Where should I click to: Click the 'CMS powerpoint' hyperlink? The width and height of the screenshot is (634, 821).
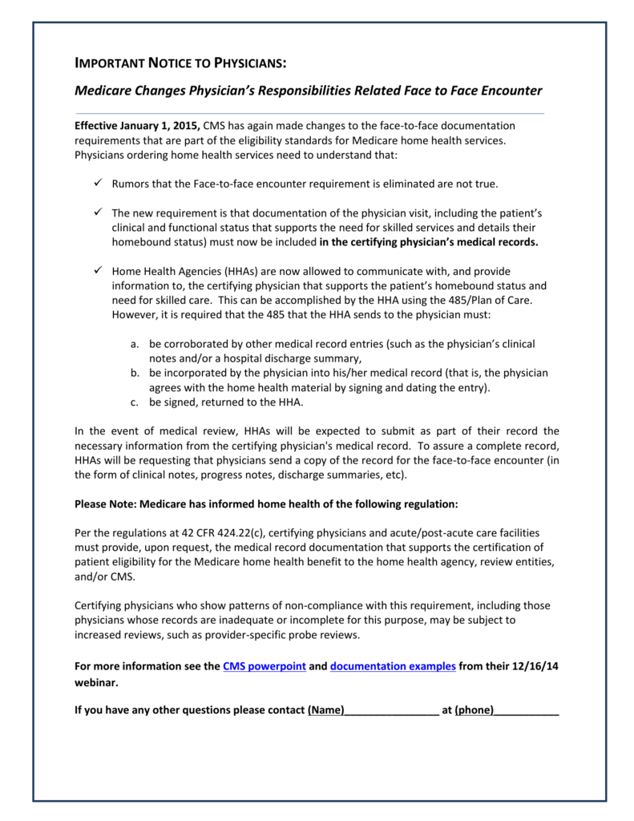[x=265, y=666]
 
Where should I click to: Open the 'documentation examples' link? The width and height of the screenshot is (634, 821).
[x=393, y=666]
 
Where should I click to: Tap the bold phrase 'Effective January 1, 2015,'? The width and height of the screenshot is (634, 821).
[x=137, y=126]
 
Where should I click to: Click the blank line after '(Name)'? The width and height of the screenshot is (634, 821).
[x=392, y=710]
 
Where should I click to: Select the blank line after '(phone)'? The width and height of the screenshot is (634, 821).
[x=527, y=710]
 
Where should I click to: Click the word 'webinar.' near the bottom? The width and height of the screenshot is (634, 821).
[x=96, y=683]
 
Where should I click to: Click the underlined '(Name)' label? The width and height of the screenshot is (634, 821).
[x=326, y=710]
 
